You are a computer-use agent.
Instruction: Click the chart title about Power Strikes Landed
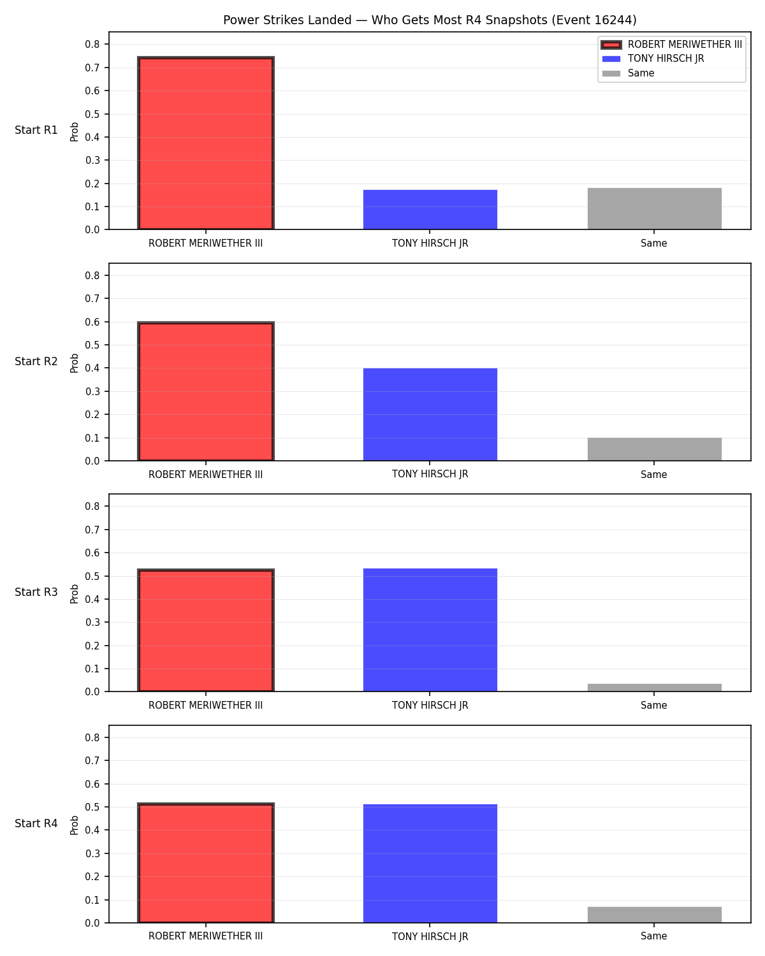tap(430, 20)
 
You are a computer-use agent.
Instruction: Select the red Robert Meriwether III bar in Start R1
tap(206, 143)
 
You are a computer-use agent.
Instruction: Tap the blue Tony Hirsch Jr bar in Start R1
tap(430, 210)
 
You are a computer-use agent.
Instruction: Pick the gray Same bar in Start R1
tap(654, 209)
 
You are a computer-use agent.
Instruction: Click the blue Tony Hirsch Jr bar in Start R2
tap(430, 414)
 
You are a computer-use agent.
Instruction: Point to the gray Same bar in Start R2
tap(654, 449)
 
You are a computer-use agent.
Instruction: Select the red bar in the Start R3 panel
tap(206, 630)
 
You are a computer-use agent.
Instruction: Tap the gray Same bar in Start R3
tap(654, 687)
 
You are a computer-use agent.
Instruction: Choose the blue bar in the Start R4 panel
tap(430, 863)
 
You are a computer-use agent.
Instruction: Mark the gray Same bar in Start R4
tap(654, 915)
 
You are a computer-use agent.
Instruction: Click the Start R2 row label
tap(36, 361)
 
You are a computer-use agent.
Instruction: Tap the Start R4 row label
tap(36, 823)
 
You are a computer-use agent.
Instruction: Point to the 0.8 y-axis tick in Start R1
tap(92, 45)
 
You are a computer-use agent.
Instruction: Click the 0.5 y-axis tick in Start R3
tap(92, 576)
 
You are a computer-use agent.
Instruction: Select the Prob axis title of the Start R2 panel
tap(74, 363)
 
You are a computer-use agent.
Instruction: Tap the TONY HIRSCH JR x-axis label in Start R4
tap(430, 936)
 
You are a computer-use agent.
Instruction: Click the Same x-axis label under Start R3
tap(654, 705)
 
